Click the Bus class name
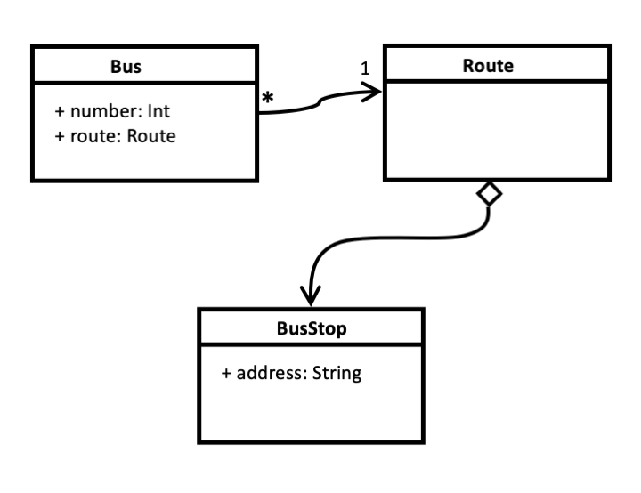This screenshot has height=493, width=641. (x=119, y=66)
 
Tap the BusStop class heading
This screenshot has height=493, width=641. (x=311, y=328)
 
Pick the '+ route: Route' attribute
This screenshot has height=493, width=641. (x=116, y=136)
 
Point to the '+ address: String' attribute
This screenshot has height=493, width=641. (x=292, y=373)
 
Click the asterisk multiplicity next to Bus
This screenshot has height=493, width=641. (x=267, y=99)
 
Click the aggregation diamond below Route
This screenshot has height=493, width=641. (x=489, y=193)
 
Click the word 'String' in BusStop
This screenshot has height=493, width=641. (x=337, y=373)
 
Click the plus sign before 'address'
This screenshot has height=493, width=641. (x=227, y=374)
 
